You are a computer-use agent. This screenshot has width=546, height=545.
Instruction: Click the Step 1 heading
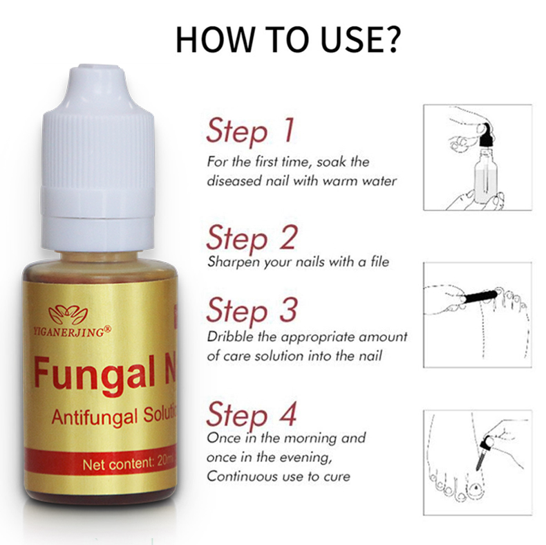pos(250,131)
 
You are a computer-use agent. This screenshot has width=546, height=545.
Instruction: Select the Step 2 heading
pos(252,238)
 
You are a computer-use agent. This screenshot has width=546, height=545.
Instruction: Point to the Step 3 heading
pos(252,310)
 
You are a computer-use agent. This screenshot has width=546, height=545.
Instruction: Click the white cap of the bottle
pos(98,158)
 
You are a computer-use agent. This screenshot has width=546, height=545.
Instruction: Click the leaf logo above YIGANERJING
pos(68,315)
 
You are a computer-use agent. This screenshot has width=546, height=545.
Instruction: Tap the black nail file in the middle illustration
pos(480,296)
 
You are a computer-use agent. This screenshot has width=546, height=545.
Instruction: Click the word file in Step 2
pos(379,261)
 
